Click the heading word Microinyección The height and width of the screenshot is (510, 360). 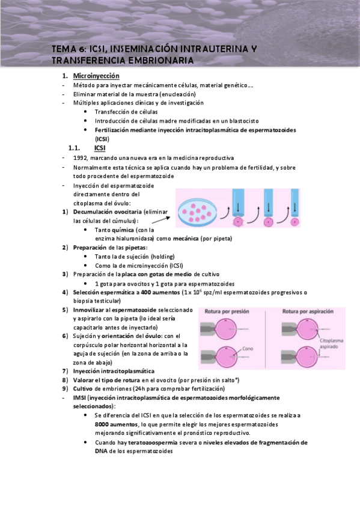coord(96,76)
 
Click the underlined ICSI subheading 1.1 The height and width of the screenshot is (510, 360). coord(100,147)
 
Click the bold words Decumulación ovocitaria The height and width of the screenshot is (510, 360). coord(106,212)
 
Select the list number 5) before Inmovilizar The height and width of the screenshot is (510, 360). coord(66,310)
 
